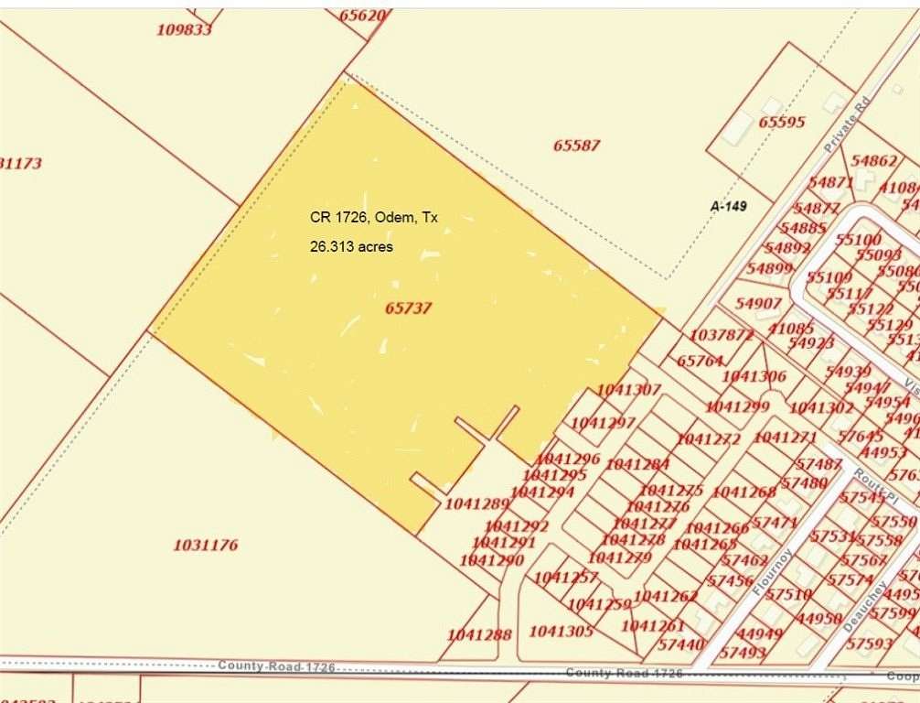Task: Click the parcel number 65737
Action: (x=408, y=308)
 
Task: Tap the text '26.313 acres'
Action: (x=351, y=246)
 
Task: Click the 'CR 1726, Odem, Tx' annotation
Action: (x=373, y=218)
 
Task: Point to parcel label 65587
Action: (x=577, y=145)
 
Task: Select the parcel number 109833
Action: (x=184, y=29)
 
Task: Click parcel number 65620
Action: (x=363, y=15)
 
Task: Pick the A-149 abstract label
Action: (x=729, y=207)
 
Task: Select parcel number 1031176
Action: (x=206, y=545)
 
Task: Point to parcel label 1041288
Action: (x=479, y=634)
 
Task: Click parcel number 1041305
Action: (x=561, y=631)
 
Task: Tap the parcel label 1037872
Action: (x=722, y=335)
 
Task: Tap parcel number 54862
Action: (x=874, y=160)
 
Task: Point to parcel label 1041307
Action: (x=628, y=390)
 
